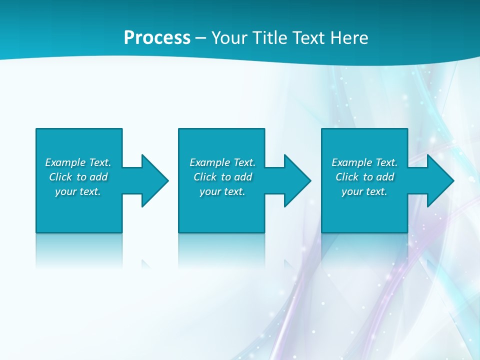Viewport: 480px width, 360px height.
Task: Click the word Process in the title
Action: (157, 38)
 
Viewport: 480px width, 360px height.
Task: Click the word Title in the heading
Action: (270, 38)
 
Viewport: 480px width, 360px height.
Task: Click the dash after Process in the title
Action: (200, 38)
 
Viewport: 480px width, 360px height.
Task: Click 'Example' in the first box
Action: (65, 162)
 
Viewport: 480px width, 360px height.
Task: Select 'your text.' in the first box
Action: (78, 191)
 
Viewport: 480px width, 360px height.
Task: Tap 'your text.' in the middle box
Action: (222, 191)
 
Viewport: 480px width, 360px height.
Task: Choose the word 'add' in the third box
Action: (385, 177)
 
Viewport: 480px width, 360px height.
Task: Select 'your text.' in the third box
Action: (364, 191)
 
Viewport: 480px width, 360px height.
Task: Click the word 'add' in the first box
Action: (98, 177)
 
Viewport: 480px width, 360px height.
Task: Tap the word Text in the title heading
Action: (308, 38)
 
